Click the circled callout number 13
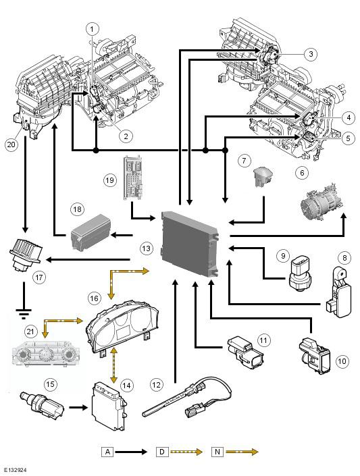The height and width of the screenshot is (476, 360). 146,248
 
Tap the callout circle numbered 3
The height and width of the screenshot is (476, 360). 311,54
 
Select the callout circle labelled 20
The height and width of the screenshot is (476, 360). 11,144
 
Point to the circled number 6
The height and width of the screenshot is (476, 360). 302,173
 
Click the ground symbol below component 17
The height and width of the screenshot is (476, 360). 24,313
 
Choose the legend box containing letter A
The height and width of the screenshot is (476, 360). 107,452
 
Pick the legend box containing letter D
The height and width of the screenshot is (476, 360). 162,452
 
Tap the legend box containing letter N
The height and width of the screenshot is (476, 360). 217,452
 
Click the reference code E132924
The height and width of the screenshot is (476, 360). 14,470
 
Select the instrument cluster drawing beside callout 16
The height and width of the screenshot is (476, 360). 123,326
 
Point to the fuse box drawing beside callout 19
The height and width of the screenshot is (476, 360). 133,178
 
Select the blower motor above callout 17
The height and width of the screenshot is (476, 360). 25,253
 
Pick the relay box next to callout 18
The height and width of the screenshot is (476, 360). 91,232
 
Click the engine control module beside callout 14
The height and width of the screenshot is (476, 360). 109,406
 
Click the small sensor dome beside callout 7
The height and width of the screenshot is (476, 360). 263,177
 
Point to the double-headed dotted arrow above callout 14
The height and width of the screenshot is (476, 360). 114,365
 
